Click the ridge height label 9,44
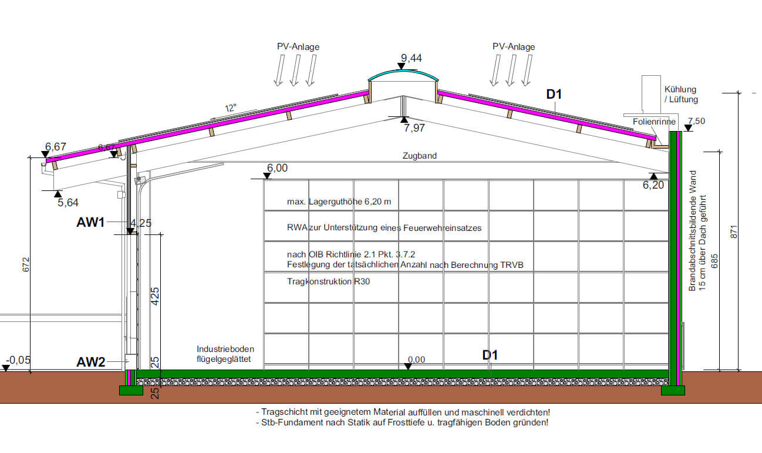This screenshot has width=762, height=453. tap(412, 58)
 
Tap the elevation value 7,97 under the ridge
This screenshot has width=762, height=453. tap(414, 129)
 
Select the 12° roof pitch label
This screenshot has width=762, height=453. tap(231, 108)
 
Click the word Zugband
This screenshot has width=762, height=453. tap(420, 156)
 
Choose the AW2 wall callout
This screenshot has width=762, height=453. tap(90, 362)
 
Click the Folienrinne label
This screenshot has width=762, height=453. tap(654, 122)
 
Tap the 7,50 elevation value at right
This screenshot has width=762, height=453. tap(697, 121)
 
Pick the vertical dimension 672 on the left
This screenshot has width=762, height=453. tap(25, 264)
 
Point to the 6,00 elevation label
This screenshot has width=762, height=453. tap(277, 168)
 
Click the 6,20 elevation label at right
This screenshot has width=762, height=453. tap(654, 185)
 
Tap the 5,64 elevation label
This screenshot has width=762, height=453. tap(68, 203)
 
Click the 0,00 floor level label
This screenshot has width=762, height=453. tap(416, 360)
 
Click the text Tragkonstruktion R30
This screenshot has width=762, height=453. tap(328, 281)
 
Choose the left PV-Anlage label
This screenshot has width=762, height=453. tap(298, 46)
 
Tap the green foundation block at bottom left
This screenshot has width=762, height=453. tap(131, 390)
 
